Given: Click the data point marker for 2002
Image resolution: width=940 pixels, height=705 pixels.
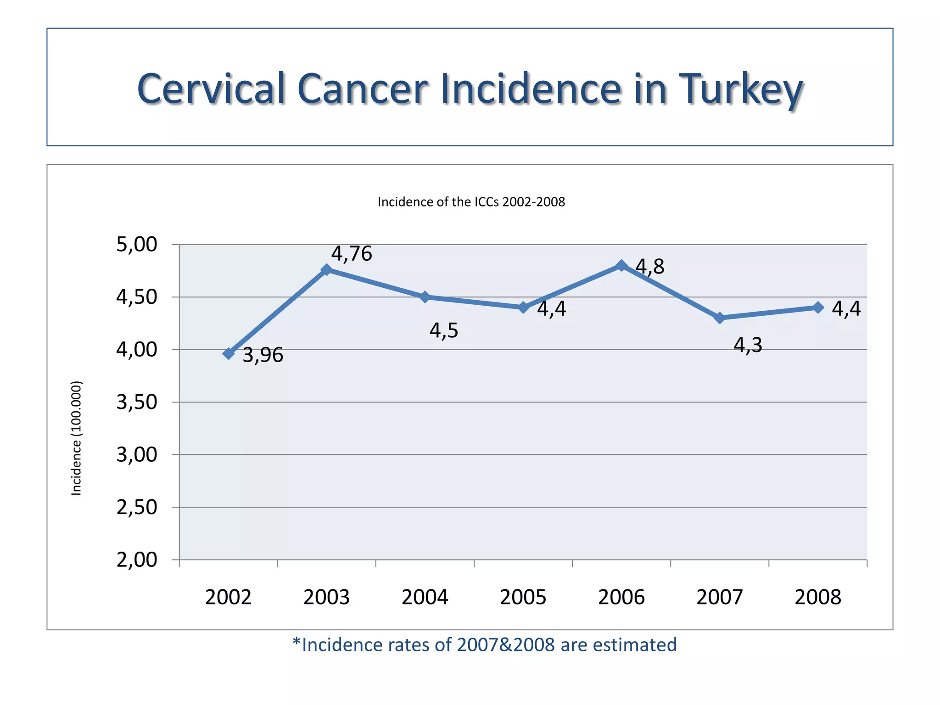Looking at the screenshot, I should click(x=229, y=353).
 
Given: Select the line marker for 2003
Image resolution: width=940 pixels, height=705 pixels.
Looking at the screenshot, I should click(x=326, y=269).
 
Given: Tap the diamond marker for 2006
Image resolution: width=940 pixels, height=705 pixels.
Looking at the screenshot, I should click(x=621, y=265).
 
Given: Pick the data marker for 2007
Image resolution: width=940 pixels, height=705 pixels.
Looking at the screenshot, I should click(x=720, y=318).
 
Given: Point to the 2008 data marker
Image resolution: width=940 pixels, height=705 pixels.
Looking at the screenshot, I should click(x=818, y=308).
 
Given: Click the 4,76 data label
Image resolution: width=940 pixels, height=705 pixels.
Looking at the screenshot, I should click(x=352, y=254).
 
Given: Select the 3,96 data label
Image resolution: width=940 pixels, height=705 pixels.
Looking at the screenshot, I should click(x=263, y=355).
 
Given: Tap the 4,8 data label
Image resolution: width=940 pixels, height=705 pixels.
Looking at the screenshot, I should click(x=650, y=267).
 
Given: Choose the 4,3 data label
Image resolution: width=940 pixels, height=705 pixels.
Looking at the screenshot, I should click(x=748, y=345).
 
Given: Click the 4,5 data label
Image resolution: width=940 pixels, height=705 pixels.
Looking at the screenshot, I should click(x=444, y=330).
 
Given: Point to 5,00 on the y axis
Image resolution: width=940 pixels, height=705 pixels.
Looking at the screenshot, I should click(x=137, y=244).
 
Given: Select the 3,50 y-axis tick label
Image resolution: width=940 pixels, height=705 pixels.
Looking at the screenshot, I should click(x=137, y=402).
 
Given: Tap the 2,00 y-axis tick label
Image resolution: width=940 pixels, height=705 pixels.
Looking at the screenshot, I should click(x=137, y=560).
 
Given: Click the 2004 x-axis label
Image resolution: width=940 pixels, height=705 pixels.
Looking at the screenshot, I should click(x=425, y=597).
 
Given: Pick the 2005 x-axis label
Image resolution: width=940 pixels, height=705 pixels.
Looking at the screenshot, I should click(x=523, y=597).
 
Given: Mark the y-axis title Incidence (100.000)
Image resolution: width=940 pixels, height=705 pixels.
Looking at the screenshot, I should click(x=76, y=438).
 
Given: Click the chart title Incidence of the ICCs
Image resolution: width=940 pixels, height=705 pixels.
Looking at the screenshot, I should click(x=471, y=202).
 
